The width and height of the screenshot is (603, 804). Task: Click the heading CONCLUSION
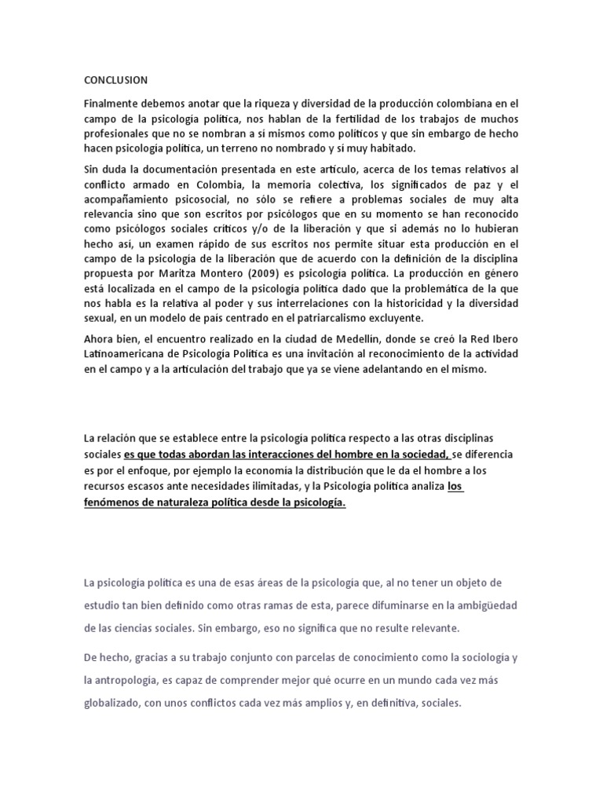(x=115, y=79)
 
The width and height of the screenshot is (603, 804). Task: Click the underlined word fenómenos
(x=116, y=502)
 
